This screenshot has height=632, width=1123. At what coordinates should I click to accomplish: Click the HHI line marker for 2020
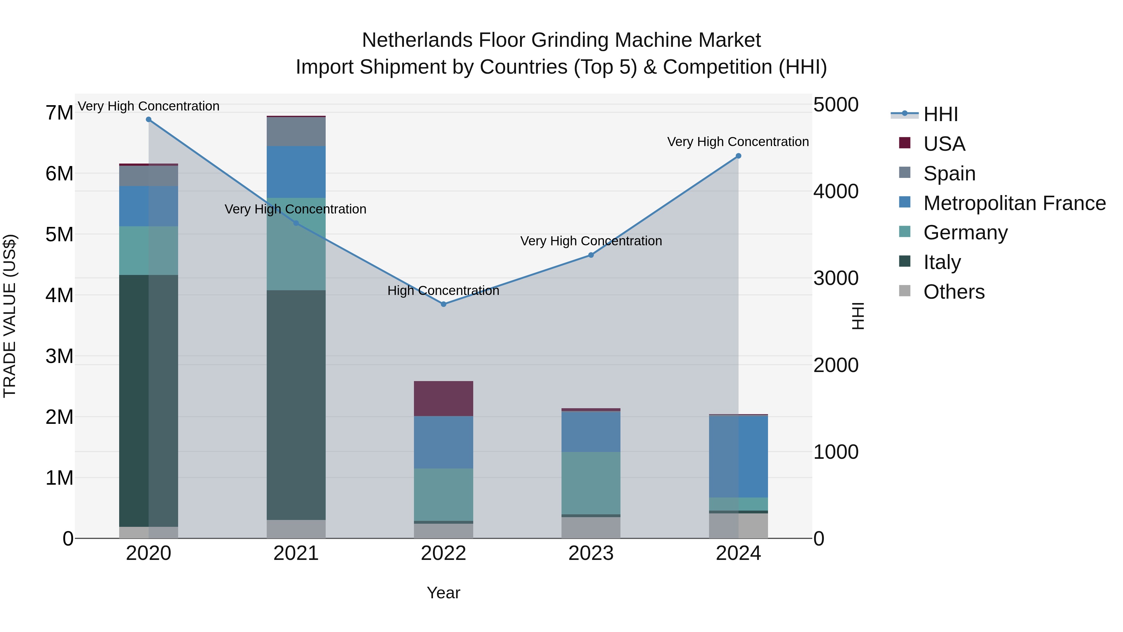click(x=149, y=120)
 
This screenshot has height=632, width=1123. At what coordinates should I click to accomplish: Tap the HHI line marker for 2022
click(x=443, y=304)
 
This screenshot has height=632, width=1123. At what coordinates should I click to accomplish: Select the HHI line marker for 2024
click(x=738, y=156)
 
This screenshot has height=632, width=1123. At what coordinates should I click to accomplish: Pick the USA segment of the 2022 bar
click(x=443, y=398)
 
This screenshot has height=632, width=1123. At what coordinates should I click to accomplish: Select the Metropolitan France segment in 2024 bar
click(x=738, y=456)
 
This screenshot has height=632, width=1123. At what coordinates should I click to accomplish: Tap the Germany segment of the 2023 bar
click(x=591, y=483)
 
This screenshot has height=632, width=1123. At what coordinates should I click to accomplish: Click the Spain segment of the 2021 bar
click(x=296, y=131)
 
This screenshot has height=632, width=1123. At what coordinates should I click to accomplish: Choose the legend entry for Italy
click(x=942, y=262)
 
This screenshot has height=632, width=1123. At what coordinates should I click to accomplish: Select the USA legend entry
click(x=944, y=144)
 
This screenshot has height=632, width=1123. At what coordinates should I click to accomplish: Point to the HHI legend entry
click(x=940, y=114)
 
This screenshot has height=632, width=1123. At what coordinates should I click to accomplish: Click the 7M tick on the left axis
click(x=59, y=113)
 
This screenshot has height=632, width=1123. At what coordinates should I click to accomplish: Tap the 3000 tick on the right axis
click(x=836, y=278)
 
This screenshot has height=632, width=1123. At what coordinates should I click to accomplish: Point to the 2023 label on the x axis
click(x=591, y=553)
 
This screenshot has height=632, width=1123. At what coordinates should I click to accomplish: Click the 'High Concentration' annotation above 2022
click(x=443, y=291)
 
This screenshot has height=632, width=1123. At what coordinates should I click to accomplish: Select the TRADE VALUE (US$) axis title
click(x=10, y=316)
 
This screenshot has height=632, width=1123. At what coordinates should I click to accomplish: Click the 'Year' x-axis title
click(x=443, y=593)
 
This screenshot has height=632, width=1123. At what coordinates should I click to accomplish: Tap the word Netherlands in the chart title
click(x=417, y=40)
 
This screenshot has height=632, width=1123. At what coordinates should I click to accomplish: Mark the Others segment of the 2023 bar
click(x=591, y=527)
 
